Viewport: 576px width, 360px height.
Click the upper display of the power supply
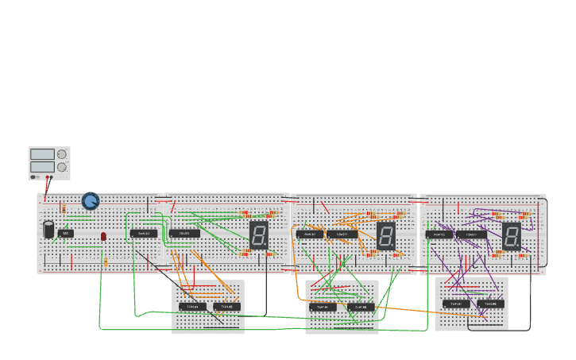pos(42,154)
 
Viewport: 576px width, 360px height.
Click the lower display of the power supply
pos(42,168)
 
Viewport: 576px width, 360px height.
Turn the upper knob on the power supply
pos(62,154)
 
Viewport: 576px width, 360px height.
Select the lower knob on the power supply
pos(62,168)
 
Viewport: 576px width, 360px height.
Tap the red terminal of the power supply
pos(50,177)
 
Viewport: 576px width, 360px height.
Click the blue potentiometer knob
pos(91,201)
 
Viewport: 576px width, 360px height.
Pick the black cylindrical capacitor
pos(49,230)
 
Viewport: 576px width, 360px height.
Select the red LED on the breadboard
pos(103,236)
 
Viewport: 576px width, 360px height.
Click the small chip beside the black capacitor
pos(66,234)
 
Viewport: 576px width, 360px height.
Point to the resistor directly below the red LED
pos(106,261)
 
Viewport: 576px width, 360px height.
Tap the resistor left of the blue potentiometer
pos(64,209)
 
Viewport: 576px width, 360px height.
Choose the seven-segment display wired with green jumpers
pos(258,234)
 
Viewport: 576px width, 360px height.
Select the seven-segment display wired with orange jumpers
pos(385,235)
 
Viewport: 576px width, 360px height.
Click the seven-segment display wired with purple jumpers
pos(511,235)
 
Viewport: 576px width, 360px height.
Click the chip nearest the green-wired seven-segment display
pos(184,234)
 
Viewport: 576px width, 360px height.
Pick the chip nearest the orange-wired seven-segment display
pos(342,234)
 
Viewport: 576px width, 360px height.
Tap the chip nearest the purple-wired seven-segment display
pos(471,234)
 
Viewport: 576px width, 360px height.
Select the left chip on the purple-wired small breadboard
pos(456,304)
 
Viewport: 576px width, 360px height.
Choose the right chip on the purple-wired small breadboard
pos(490,304)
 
